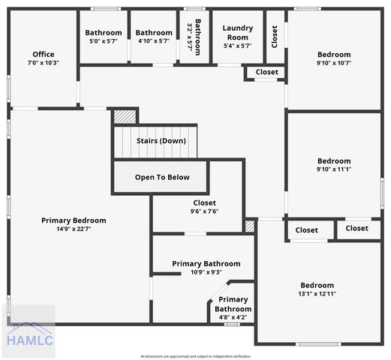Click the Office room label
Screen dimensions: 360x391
43,54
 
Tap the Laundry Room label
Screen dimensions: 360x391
237,32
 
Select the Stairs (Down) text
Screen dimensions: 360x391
161,141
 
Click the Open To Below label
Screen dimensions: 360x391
162,178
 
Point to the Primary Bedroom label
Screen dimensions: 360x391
74,220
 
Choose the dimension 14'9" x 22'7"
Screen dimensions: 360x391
74,229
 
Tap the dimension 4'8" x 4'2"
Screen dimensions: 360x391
233,317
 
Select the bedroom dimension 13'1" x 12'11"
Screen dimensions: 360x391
317,294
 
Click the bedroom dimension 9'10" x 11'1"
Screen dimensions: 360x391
334,169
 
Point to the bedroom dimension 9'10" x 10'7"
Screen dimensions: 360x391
334,63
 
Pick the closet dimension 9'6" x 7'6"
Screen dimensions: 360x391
204,211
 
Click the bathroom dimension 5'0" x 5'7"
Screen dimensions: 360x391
103,42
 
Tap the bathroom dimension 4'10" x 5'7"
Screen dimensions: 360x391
154,42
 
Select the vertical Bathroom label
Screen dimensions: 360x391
197,36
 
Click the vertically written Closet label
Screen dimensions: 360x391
275,36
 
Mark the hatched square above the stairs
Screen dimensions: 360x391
125,116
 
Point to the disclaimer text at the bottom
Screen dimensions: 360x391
195,356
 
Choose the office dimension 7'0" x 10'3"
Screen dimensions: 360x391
43,63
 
